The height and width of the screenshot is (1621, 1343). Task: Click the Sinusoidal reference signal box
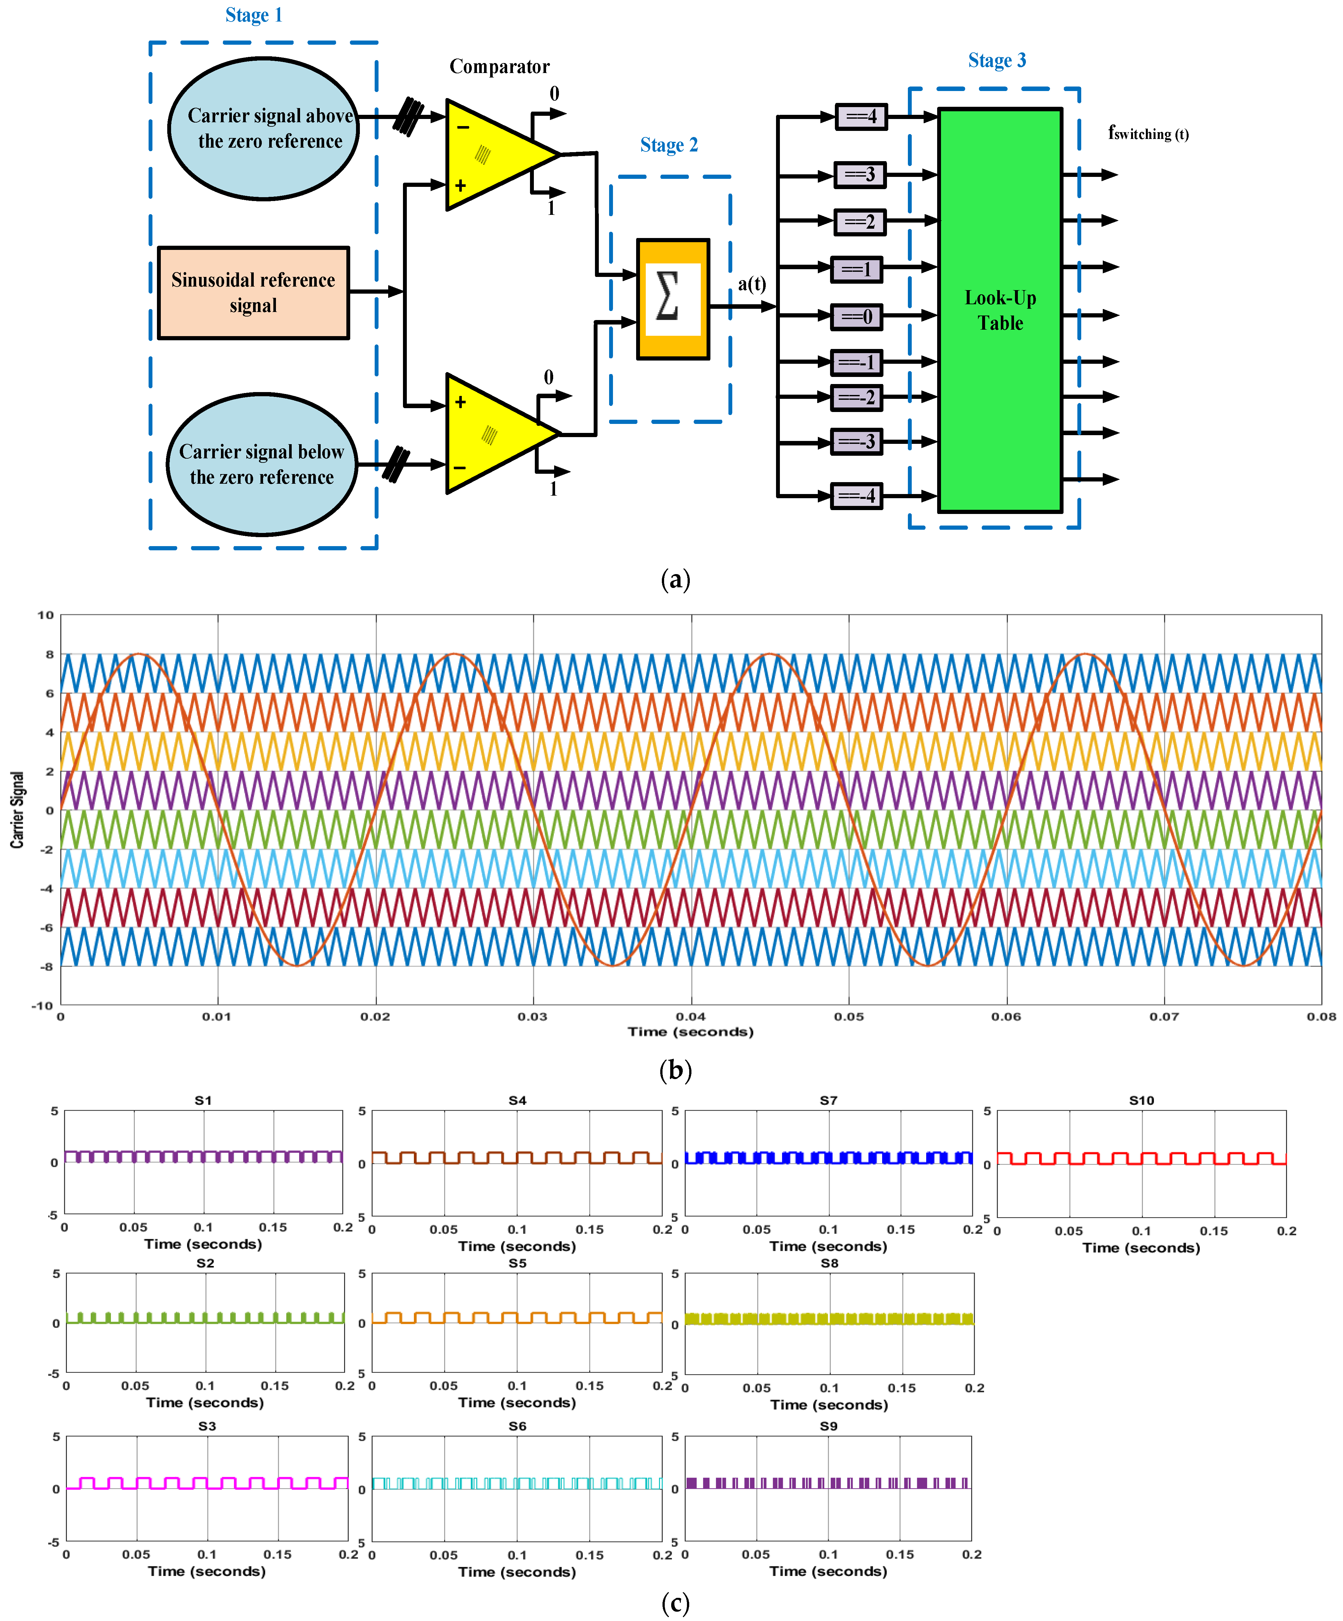coord(253,293)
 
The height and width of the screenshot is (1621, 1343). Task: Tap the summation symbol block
coord(672,299)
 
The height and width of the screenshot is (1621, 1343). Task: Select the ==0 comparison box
coord(856,316)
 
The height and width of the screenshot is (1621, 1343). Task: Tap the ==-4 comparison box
coord(856,496)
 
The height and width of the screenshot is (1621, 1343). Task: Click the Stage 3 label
coord(997,60)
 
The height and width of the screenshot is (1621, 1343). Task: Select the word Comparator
coord(499,67)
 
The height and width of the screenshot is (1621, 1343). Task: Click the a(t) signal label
coord(752,284)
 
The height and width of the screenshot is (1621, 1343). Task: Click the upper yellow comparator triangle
coord(494,154)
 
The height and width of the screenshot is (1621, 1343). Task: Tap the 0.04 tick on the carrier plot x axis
coord(691,1017)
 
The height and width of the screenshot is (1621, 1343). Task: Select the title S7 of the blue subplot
coord(828,1100)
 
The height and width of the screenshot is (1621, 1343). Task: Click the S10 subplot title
coord(1142,1100)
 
